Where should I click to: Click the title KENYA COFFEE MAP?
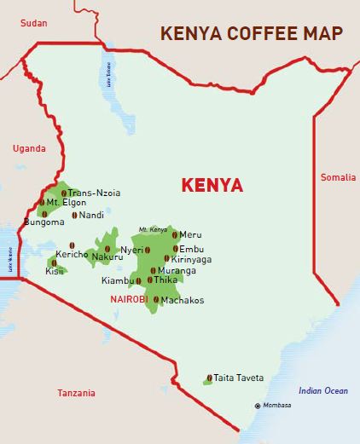click(252, 34)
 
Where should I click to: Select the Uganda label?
click(28, 148)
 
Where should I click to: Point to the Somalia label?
click(337, 177)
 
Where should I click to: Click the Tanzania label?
click(77, 393)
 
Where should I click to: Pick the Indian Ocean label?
click(322, 390)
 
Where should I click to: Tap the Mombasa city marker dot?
click(258, 405)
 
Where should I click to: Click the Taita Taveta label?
click(239, 378)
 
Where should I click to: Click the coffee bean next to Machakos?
click(156, 300)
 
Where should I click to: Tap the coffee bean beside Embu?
click(175, 249)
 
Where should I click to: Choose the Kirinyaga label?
click(191, 259)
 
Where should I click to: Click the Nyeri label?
click(131, 250)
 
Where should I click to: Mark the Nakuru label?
click(107, 257)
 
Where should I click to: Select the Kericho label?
click(72, 254)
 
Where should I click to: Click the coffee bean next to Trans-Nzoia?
click(63, 193)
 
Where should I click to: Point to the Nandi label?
click(90, 215)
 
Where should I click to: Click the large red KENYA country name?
click(212, 185)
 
